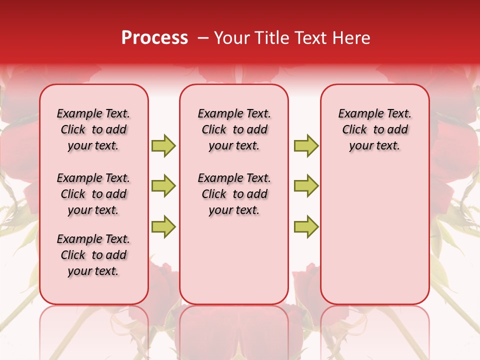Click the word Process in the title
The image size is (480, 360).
tap(154, 38)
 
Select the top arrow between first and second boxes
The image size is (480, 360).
tap(163, 145)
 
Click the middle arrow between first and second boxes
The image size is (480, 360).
tap(163, 186)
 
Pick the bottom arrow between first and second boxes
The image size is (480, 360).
tap(163, 226)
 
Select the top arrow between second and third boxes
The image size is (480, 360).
tap(306, 145)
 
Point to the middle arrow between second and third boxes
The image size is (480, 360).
tap(306, 186)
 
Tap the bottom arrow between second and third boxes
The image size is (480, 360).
tap(306, 226)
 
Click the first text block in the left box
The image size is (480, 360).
tap(93, 129)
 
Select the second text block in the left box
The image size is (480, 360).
tap(93, 194)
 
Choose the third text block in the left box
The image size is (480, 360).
tap(93, 255)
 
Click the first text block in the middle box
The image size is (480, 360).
tap(234, 129)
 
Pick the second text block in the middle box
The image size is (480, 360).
tap(234, 194)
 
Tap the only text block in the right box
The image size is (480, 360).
tap(375, 129)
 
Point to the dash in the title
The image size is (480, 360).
tap(203, 38)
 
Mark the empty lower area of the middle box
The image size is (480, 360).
tap(234, 260)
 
